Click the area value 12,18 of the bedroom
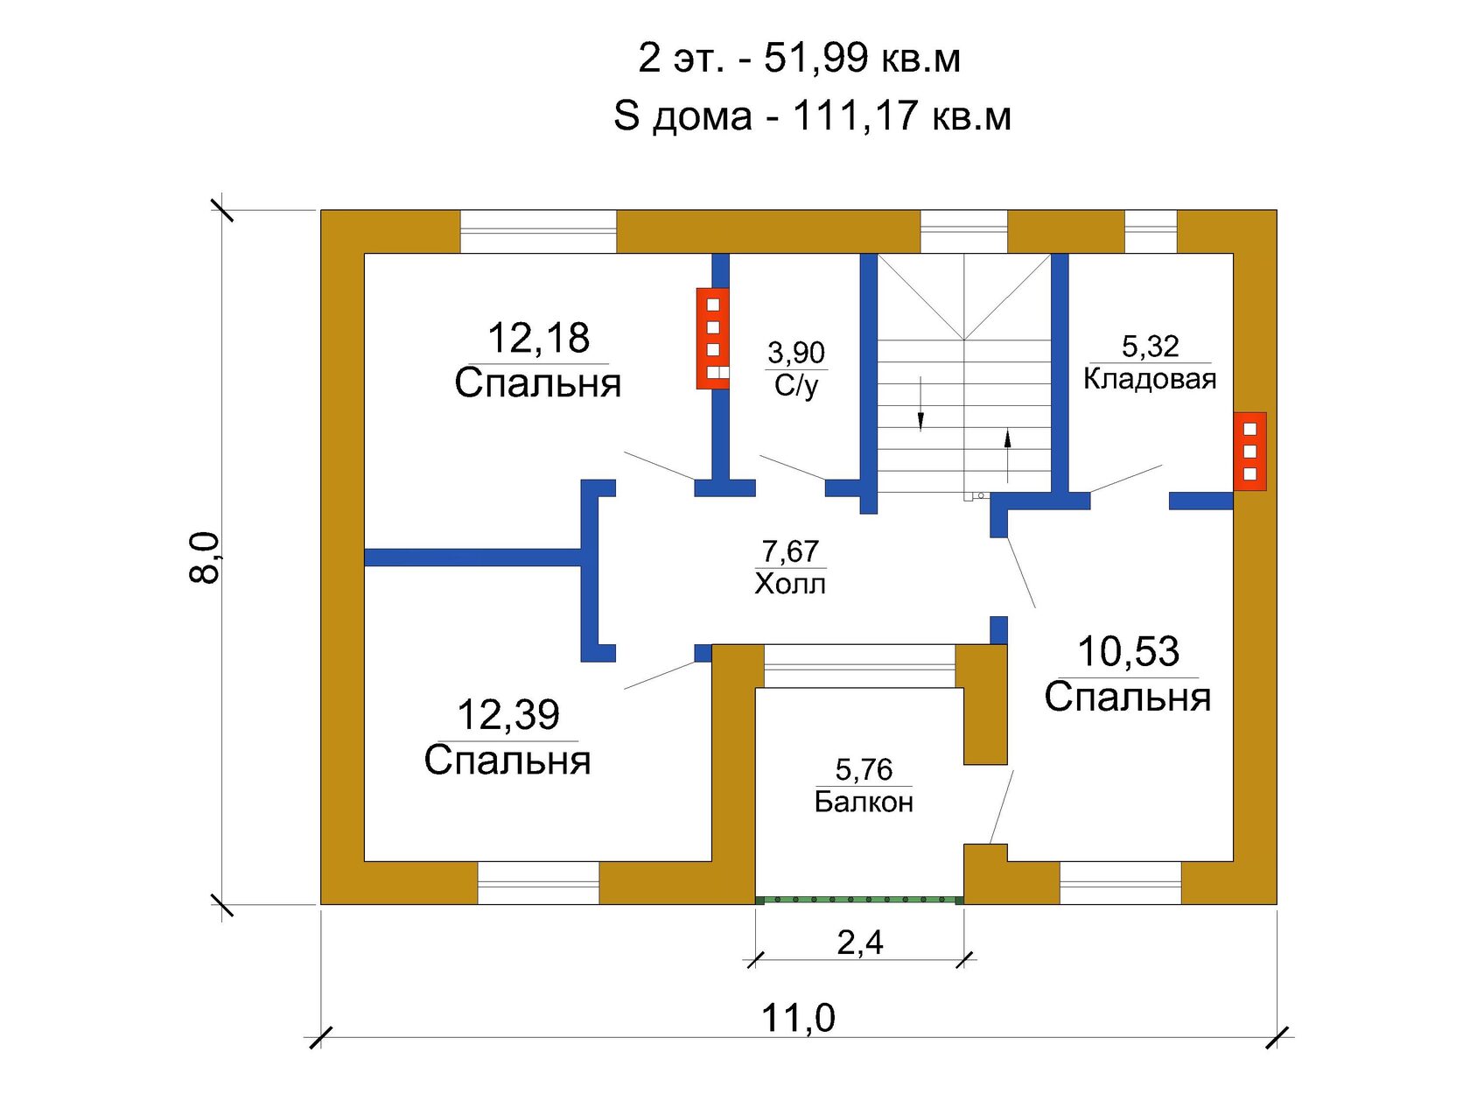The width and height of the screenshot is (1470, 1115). tap(538, 338)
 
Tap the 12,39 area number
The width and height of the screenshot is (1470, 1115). tap(507, 714)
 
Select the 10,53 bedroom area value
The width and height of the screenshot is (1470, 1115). tap(1128, 651)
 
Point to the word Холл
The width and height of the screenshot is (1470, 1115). tap(789, 584)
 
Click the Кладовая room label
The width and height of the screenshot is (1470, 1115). tap(1149, 379)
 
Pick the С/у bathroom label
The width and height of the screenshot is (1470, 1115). tap(796, 386)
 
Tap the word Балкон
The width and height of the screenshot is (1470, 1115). tap(864, 803)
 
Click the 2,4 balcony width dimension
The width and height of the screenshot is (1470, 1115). tap(860, 943)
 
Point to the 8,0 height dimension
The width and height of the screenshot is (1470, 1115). tap(204, 557)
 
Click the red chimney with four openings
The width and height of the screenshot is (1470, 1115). tap(712, 338)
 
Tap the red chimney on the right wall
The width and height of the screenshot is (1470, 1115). tap(1249, 452)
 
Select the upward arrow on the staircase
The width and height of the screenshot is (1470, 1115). tap(1006, 456)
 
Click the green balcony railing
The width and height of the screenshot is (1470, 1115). tap(860, 900)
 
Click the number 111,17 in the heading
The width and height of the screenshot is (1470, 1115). tap(855, 116)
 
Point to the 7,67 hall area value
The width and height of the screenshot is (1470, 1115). tap(790, 551)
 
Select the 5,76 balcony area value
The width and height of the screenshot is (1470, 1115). tap(864, 770)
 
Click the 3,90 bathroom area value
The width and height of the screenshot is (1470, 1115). tap(796, 353)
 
